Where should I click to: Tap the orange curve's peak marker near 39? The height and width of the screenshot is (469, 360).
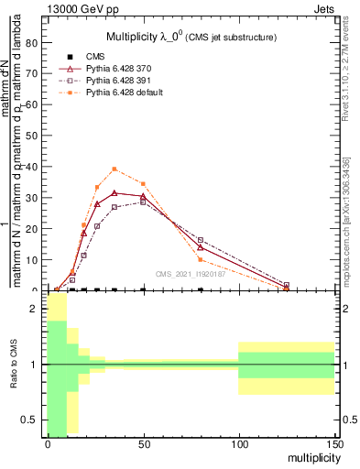pyautogui.click(x=115, y=169)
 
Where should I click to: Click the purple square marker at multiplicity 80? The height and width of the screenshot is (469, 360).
pyautogui.click(x=201, y=240)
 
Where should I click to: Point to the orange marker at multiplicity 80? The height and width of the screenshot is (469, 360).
pyautogui.click(x=201, y=259)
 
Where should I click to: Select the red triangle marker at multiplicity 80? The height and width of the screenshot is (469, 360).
pyautogui.click(x=201, y=246)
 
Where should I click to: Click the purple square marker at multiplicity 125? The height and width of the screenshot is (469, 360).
pyautogui.click(x=287, y=285)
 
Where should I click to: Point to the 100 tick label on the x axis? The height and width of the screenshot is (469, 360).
pyautogui.click(x=238, y=443)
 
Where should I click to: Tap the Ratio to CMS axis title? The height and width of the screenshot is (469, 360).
pyautogui.click(x=12, y=365)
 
